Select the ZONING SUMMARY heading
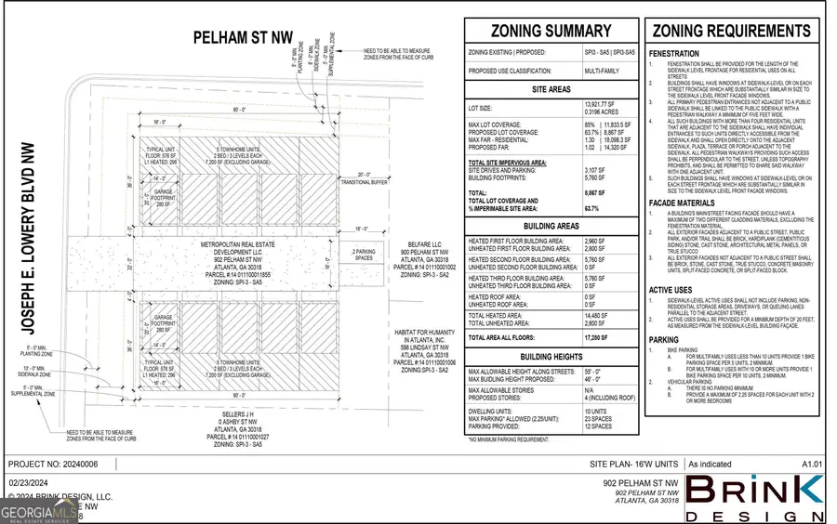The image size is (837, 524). (x=551, y=32)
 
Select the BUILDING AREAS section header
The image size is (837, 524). (x=551, y=226)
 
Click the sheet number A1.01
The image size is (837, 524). (x=812, y=463)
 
